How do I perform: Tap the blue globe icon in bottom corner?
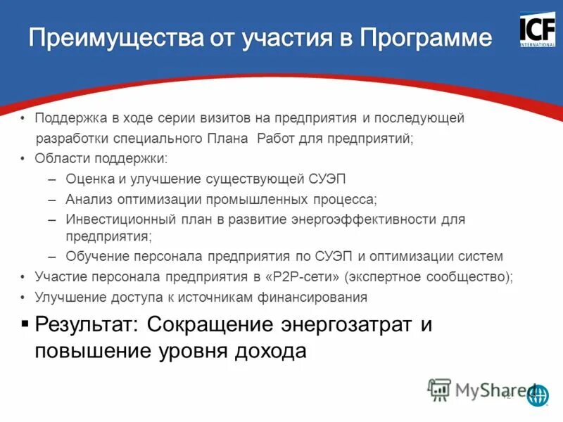538,395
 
